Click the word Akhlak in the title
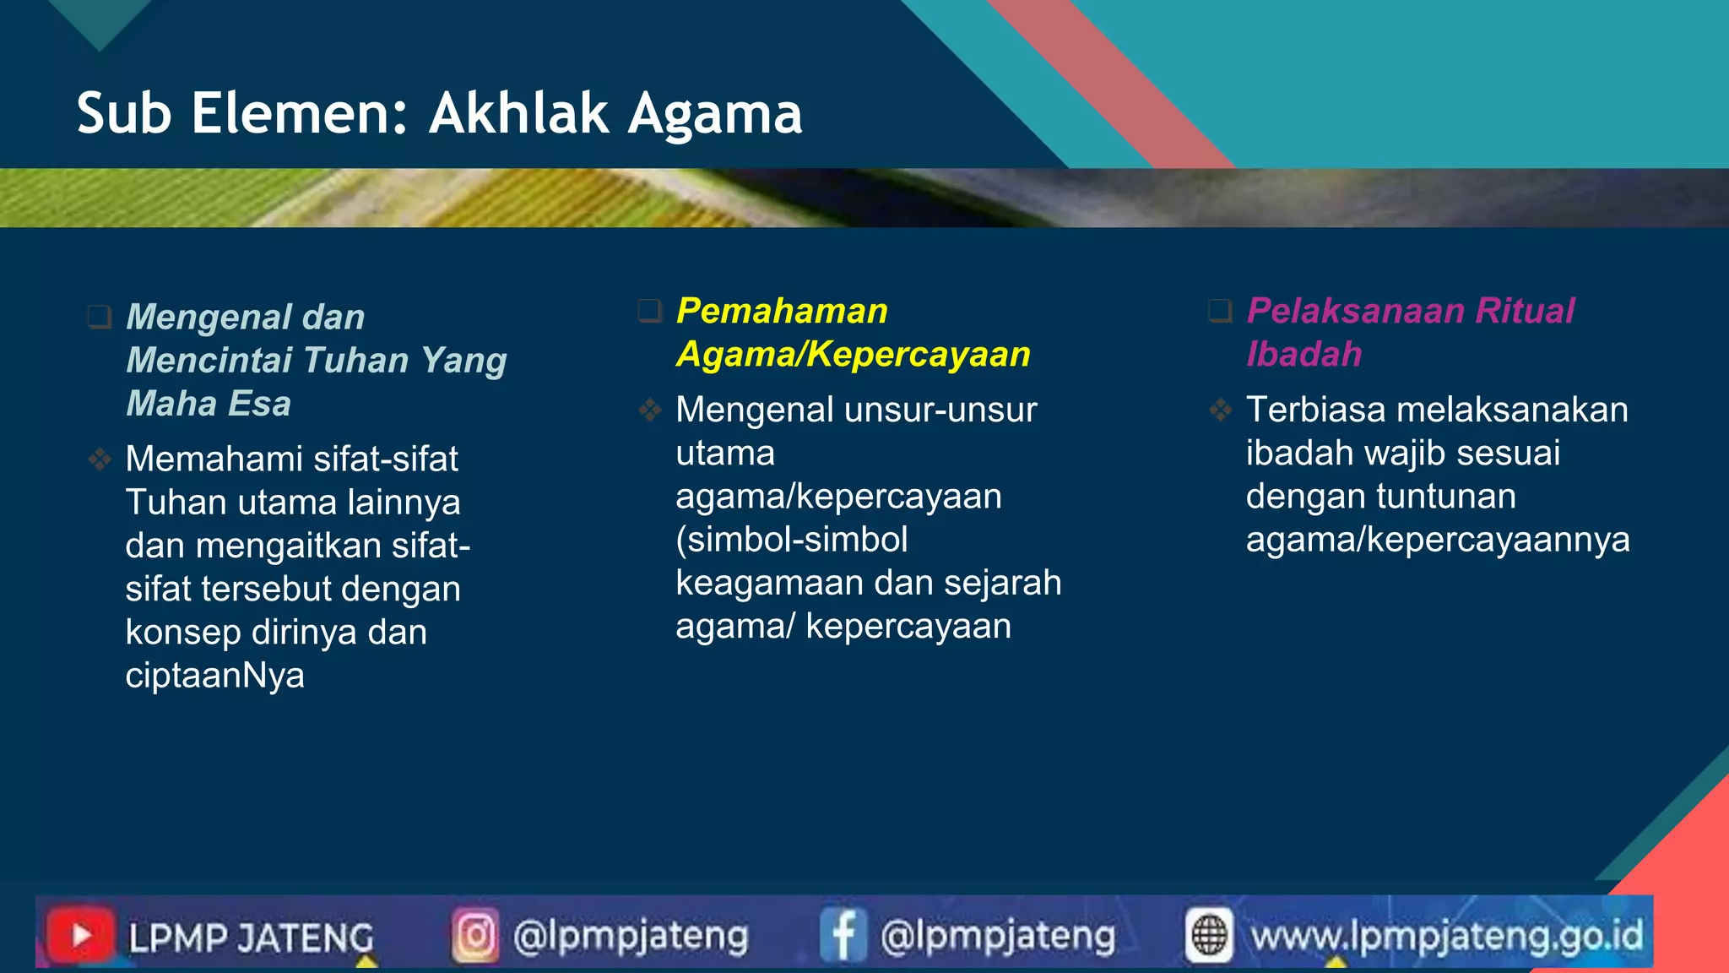pos(518,113)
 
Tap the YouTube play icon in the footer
pos(81,935)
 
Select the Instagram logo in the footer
pos(475,935)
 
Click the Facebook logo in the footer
pos(843,935)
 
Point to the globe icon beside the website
pos(1209,935)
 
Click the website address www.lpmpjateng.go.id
pos(1447,936)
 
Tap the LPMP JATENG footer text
pos(251,938)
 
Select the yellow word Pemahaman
pos(782,311)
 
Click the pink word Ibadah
pos(1304,354)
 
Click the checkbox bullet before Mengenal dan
pos(100,318)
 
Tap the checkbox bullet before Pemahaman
pos(649,311)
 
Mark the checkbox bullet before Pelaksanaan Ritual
pos(1220,311)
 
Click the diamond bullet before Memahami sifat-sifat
pos(100,459)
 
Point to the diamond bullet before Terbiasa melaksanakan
pos(1220,410)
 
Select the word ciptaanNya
pos(214,676)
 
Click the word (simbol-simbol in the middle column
pos(792,540)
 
